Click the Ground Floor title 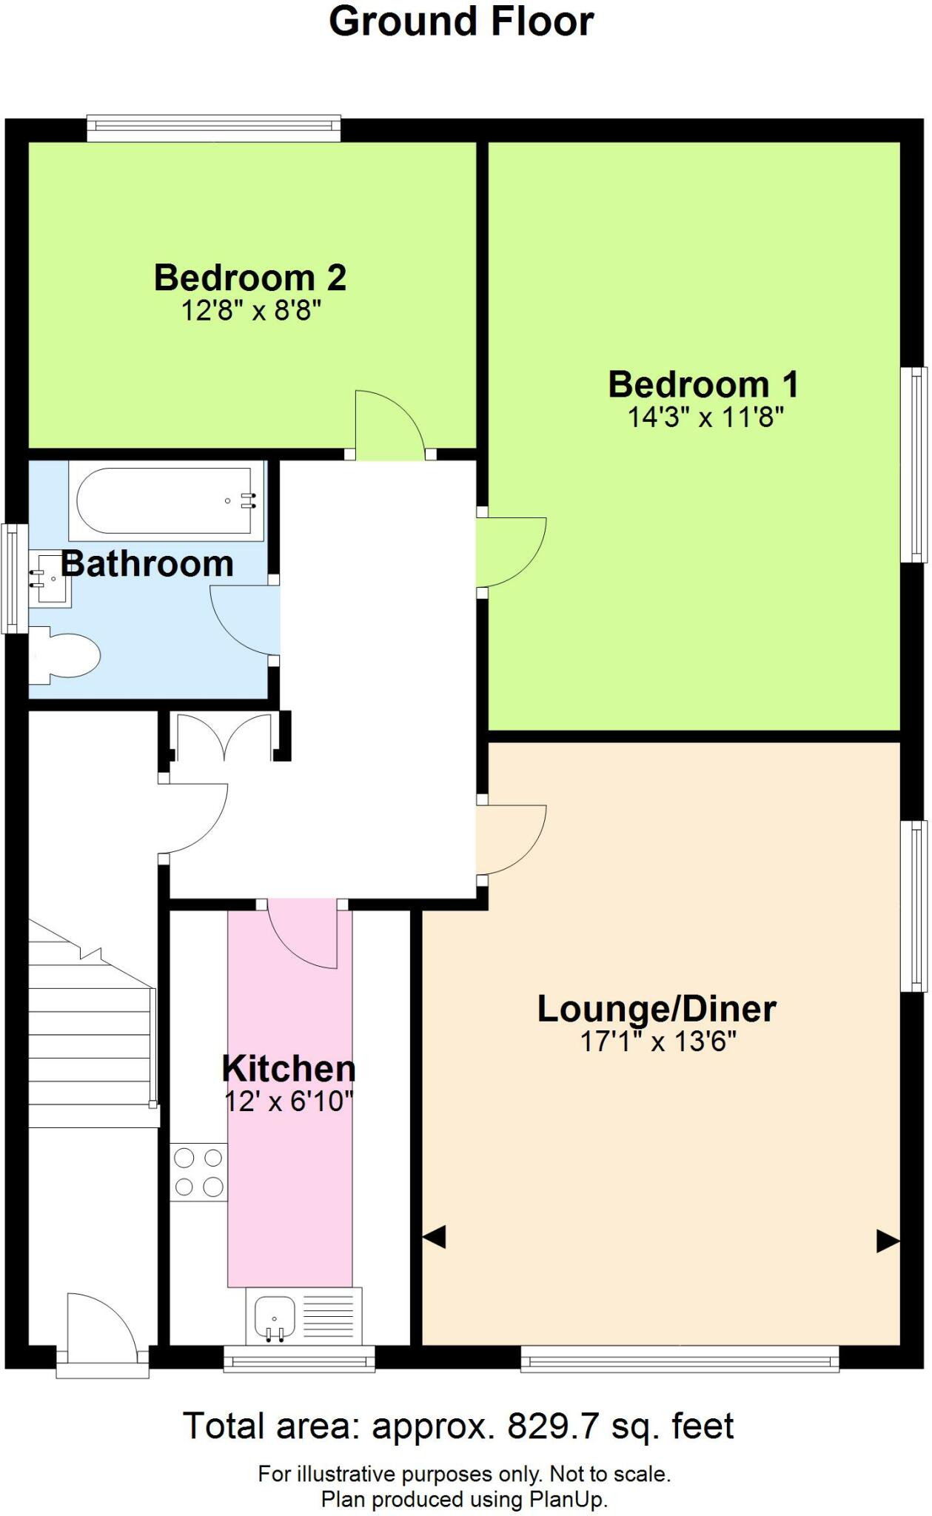(460, 22)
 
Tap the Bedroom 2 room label (250, 278)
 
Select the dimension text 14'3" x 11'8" (705, 418)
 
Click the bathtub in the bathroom (166, 501)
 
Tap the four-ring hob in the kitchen (198, 1172)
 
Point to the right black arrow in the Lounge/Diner (888, 1241)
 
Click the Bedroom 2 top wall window (214, 129)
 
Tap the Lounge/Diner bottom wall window (680, 1358)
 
